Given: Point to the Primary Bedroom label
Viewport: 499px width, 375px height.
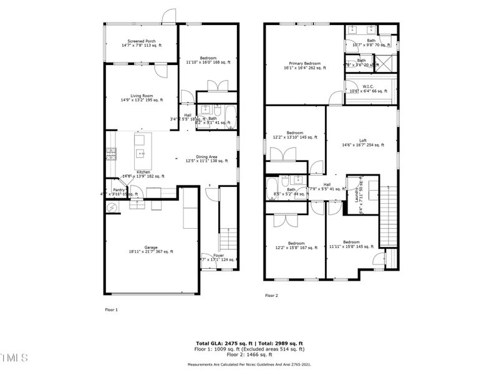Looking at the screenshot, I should [304, 63].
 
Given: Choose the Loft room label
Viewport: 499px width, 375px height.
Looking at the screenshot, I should [362, 141].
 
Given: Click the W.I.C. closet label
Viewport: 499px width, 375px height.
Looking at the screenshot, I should [368, 86].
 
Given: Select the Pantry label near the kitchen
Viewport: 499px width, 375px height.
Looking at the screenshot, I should [119, 191].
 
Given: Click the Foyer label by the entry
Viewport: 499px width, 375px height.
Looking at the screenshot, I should [218, 256].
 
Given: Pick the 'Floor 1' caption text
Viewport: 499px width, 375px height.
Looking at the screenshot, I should [110, 309].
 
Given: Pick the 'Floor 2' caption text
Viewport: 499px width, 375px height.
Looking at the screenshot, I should [271, 295].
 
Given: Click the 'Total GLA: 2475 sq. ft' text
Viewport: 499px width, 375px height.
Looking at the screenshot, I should [224, 344].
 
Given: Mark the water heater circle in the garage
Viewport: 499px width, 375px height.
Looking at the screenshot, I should [112, 207].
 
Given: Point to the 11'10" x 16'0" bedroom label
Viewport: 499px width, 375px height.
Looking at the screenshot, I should [208, 60].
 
